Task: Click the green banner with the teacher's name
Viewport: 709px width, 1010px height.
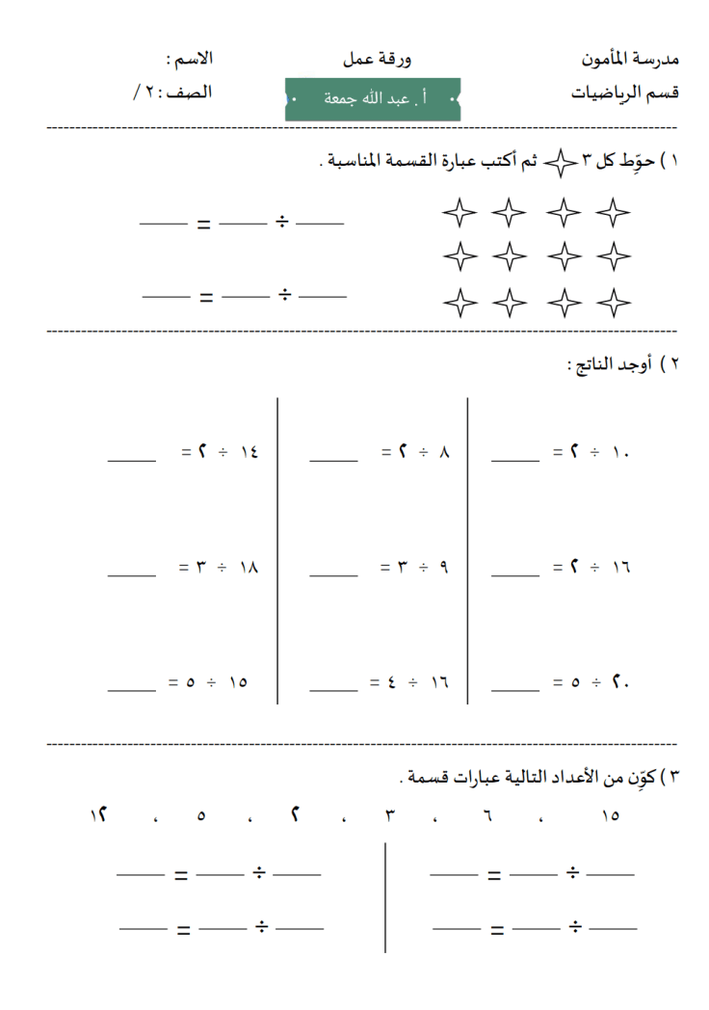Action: [373, 99]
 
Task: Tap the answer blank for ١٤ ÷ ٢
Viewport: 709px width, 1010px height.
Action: [132, 461]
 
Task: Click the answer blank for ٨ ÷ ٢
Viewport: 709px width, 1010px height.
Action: [333, 461]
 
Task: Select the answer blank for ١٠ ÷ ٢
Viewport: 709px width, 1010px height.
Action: [515, 461]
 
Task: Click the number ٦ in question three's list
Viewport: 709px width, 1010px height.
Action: [487, 815]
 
